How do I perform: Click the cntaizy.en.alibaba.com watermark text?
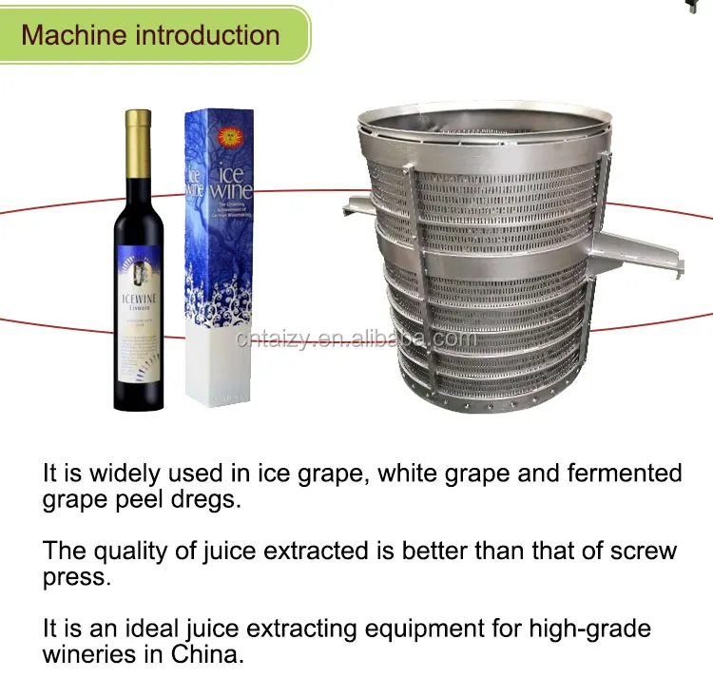coord(356,339)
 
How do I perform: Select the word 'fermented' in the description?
coord(618,474)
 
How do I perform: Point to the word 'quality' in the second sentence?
coord(129,551)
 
